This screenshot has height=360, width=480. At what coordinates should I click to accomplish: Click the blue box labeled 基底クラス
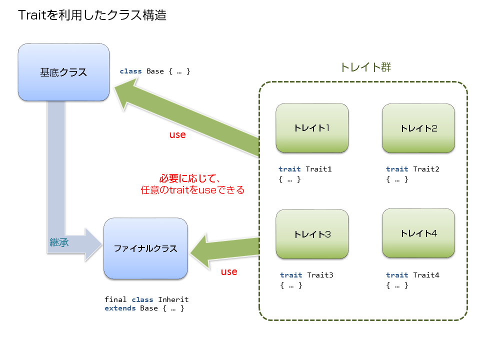(x=63, y=72)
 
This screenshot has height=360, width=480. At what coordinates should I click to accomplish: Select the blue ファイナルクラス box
(x=145, y=248)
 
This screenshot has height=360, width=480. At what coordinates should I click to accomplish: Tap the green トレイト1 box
(x=312, y=128)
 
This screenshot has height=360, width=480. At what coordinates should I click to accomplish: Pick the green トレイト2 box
(x=418, y=128)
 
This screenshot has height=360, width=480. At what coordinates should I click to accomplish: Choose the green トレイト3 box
(x=312, y=234)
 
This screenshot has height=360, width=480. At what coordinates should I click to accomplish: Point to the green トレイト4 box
(x=418, y=233)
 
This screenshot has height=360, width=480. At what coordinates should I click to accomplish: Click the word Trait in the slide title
(x=33, y=15)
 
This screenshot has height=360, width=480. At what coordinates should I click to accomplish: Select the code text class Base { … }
(x=155, y=71)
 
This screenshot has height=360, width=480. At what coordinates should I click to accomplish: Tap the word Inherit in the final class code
(x=173, y=299)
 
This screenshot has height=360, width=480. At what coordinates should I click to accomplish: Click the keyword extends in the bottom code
(x=120, y=308)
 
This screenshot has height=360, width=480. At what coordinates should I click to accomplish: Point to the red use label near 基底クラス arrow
(x=177, y=135)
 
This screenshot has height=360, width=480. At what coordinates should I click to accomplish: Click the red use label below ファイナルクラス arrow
(x=229, y=272)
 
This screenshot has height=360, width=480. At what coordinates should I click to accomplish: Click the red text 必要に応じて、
(x=190, y=178)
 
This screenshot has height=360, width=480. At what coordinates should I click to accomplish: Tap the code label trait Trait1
(x=305, y=169)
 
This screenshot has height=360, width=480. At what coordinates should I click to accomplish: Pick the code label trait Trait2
(x=412, y=169)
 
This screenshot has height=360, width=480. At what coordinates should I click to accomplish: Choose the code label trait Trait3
(x=306, y=275)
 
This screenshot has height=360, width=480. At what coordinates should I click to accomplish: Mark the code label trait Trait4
(x=412, y=275)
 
